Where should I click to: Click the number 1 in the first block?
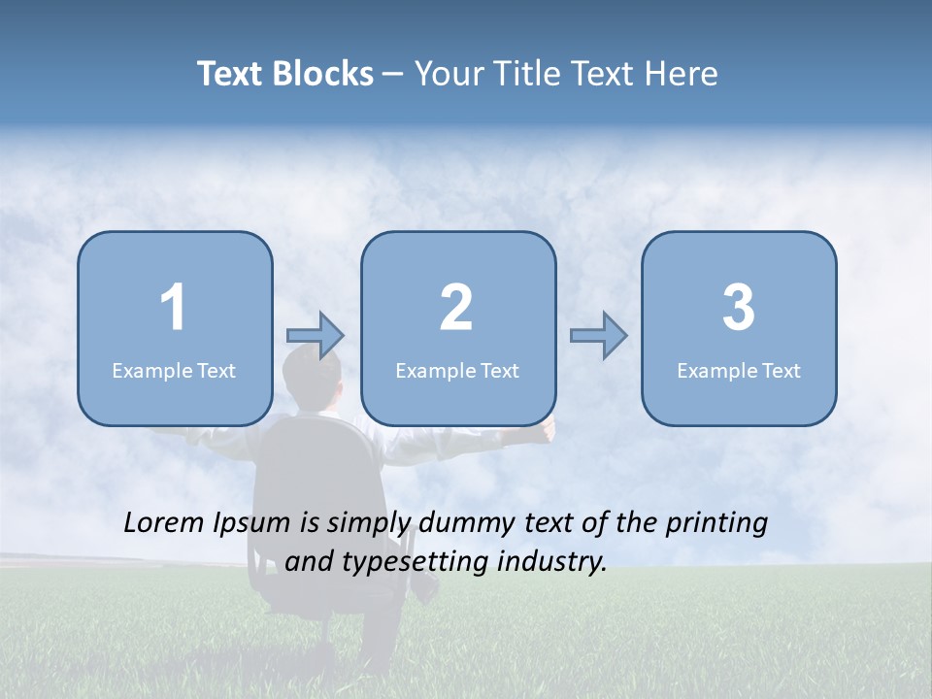coord(173,308)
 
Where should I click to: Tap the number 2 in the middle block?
coord(456,308)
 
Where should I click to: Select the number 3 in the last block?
coord(739,308)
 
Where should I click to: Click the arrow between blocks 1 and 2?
coord(316,336)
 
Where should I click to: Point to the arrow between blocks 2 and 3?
coord(598,336)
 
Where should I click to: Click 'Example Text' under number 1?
coord(174,371)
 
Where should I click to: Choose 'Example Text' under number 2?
coord(457,371)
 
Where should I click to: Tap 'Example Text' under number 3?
coord(739,371)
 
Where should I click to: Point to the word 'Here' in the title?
coord(682,74)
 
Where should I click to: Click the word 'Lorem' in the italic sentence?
coord(165,523)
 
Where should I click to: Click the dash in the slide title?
coord(394,75)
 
